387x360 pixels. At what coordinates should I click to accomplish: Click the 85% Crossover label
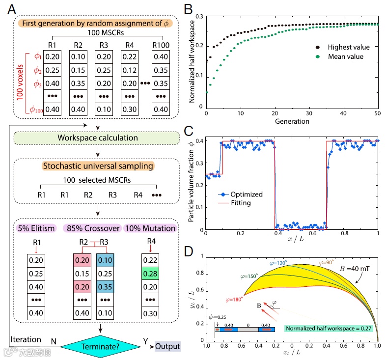pyautogui.click(x=93, y=228)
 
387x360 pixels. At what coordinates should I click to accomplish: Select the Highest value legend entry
pyautogui.click(x=342, y=47)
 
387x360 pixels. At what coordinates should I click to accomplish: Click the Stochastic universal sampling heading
pyautogui.click(x=97, y=166)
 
